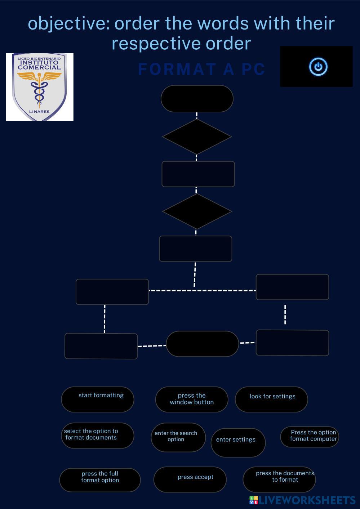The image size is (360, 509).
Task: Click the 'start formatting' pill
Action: tap(98, 399)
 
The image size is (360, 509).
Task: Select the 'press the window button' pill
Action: tap(192, 399)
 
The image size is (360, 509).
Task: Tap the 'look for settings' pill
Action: tap(271, 399)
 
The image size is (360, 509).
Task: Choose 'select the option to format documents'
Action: tap(98, 436)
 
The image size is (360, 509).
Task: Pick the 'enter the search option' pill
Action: tap(178, 437)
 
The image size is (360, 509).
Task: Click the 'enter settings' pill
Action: tap(238, 443)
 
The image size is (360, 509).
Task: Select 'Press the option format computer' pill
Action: tap(310, 437)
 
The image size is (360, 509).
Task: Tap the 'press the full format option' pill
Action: tap(100, 480)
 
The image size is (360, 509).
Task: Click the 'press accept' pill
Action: tap(190, 479)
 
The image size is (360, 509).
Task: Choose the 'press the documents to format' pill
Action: tap(279, 479)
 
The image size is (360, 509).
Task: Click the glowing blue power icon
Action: tap(318, 67)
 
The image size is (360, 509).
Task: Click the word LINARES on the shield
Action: tap(39, 112)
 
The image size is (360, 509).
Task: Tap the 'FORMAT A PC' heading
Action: tap(201, 69)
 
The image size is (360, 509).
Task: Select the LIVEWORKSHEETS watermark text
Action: tap(307, 500)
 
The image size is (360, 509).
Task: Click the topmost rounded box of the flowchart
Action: tap(197, 99)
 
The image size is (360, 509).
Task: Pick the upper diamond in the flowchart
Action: tap(197, 137)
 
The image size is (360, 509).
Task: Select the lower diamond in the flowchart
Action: tap(197, 211)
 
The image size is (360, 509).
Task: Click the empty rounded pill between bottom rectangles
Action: tap(203, 344)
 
